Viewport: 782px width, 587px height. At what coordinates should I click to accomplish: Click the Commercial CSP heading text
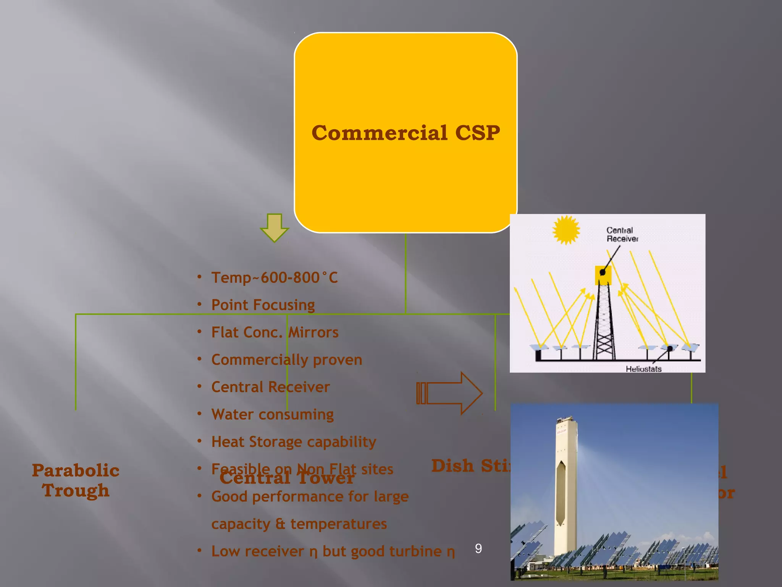point(406,133)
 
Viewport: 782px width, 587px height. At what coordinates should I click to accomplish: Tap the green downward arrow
point(274,227)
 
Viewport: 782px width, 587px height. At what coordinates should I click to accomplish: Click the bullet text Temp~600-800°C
point(274,277)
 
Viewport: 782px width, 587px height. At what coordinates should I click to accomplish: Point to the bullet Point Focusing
point(263,305)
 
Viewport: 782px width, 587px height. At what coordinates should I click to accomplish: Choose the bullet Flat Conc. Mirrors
point(275,332)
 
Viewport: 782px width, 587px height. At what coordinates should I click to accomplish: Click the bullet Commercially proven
point(286,360)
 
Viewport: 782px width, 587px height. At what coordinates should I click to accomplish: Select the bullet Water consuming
point(272,414)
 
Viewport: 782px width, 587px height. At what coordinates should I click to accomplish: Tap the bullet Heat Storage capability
point(294,442)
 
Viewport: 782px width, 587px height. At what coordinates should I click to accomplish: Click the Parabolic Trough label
point(76,480)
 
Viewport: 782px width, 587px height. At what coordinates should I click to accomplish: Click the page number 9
point(478,549)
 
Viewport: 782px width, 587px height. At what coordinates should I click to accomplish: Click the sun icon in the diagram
point(566,230)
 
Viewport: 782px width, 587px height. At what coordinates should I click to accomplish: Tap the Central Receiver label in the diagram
point(622,234)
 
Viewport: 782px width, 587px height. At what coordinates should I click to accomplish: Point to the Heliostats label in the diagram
point(643,369)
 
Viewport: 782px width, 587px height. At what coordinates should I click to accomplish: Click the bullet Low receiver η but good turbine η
point(333,551)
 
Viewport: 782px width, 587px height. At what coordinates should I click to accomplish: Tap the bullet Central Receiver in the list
point(270,387)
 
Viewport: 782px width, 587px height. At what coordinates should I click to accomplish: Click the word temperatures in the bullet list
point(338,524)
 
